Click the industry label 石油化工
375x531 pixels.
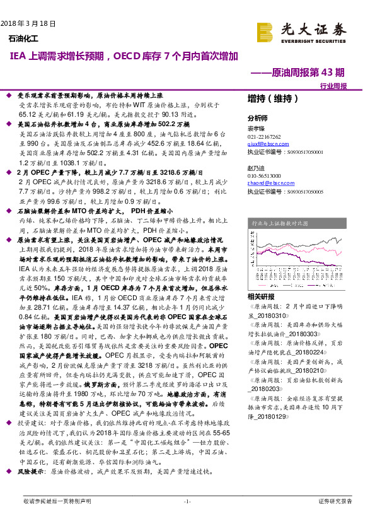(x=23, y=40)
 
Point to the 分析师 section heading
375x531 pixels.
(x=257, y=118)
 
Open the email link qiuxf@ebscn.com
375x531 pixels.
(x=264, y=144)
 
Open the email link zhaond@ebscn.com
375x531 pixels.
(x=266, y=182)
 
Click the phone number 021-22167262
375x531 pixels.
(x=265, y=137)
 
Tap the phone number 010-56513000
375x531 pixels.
(x=265, y=175)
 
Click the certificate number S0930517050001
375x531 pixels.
(x=296, y=152)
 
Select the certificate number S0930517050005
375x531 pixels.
(x=296, y=189)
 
